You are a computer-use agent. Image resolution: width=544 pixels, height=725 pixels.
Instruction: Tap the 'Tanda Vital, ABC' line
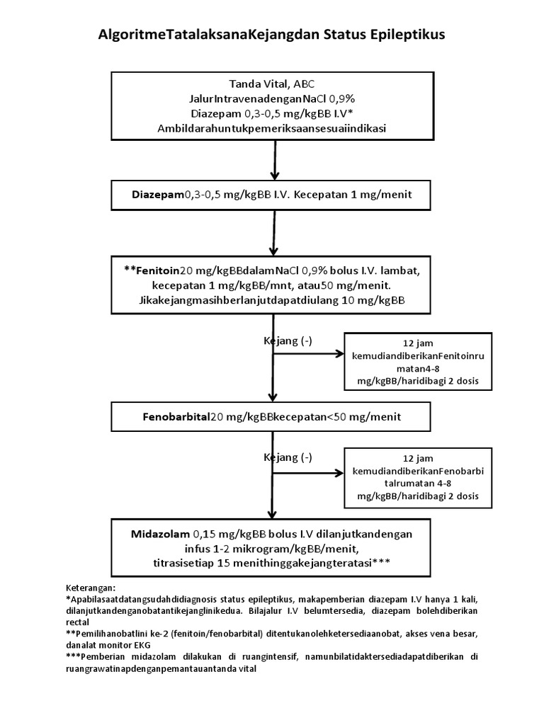coord(272,82)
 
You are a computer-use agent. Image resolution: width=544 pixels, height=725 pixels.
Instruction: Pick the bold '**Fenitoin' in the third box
coord(152,270)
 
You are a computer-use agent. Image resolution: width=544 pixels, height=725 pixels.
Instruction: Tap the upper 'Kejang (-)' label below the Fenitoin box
coord(288,341)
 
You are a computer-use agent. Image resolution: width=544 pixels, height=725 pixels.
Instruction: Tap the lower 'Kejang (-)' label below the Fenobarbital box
coord(288,457)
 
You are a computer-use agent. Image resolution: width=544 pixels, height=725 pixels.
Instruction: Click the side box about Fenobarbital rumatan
coord(417,477)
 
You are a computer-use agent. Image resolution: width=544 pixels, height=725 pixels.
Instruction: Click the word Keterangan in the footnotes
coord(90,588)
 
